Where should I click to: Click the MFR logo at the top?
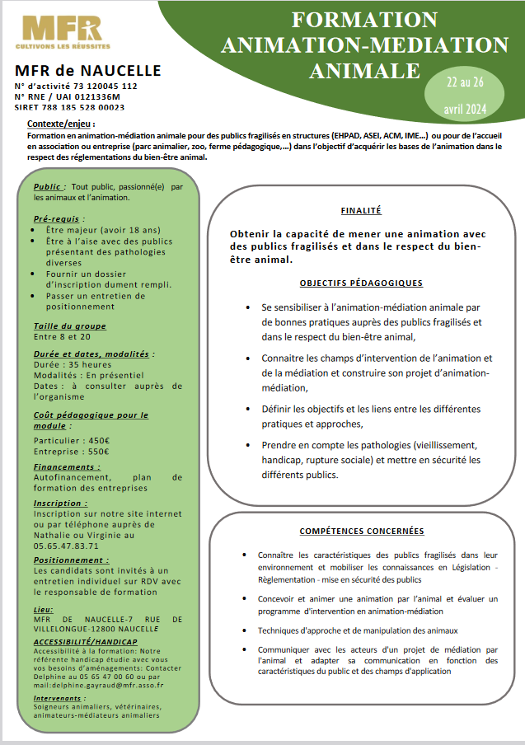point(63,31)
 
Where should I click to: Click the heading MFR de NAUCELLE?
point(88,71)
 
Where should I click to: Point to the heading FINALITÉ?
point(361,210)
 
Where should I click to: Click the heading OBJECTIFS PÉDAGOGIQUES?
point(361,283)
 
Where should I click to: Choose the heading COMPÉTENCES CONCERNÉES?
point(361,532)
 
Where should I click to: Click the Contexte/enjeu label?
point(60,123)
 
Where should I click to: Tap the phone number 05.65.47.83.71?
point(66,545)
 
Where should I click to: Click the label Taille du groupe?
point(70,326)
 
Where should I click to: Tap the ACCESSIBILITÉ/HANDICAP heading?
point(86,641)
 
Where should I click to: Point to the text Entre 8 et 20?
point(63,336)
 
